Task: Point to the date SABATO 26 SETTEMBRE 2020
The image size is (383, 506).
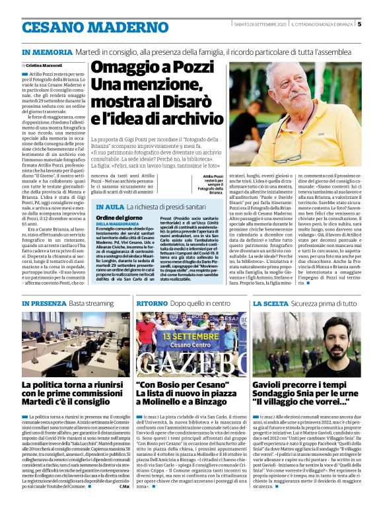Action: pyautogui.click(x=260, y=25)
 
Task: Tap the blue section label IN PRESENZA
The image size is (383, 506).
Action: pyautogui.click(x=42, y=303)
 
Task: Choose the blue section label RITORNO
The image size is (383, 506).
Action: pyautogui.click(x=153, y=303)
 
